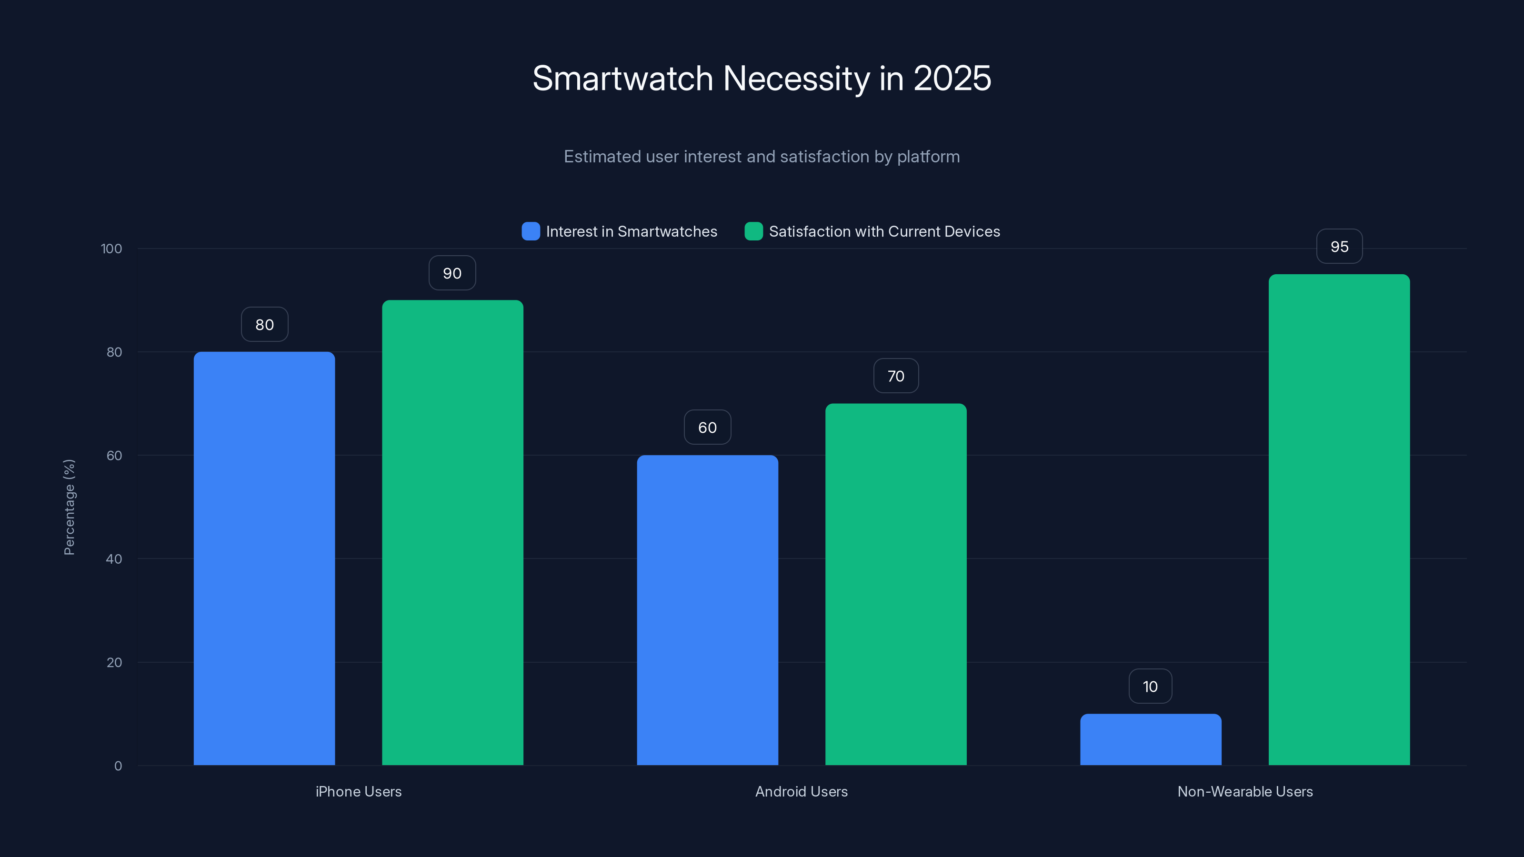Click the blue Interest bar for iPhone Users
[264, 558]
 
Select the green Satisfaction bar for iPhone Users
[452, 532]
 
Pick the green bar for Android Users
[896, 584]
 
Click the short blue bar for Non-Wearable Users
[1151, 739]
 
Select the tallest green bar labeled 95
[1339, 519]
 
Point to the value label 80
[264, 325]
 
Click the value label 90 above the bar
[452, 273]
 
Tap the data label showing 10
[1150, 687]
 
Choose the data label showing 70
[896, 376]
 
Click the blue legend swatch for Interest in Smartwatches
[531, 231]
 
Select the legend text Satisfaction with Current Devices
[884, 231]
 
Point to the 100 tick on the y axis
[111, 249]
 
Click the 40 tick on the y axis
[114, 559]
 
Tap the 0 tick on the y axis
[118, 766]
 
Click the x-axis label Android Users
[801, 791]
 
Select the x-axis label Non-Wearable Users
[1245, 791]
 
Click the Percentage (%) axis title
[69, 507]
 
